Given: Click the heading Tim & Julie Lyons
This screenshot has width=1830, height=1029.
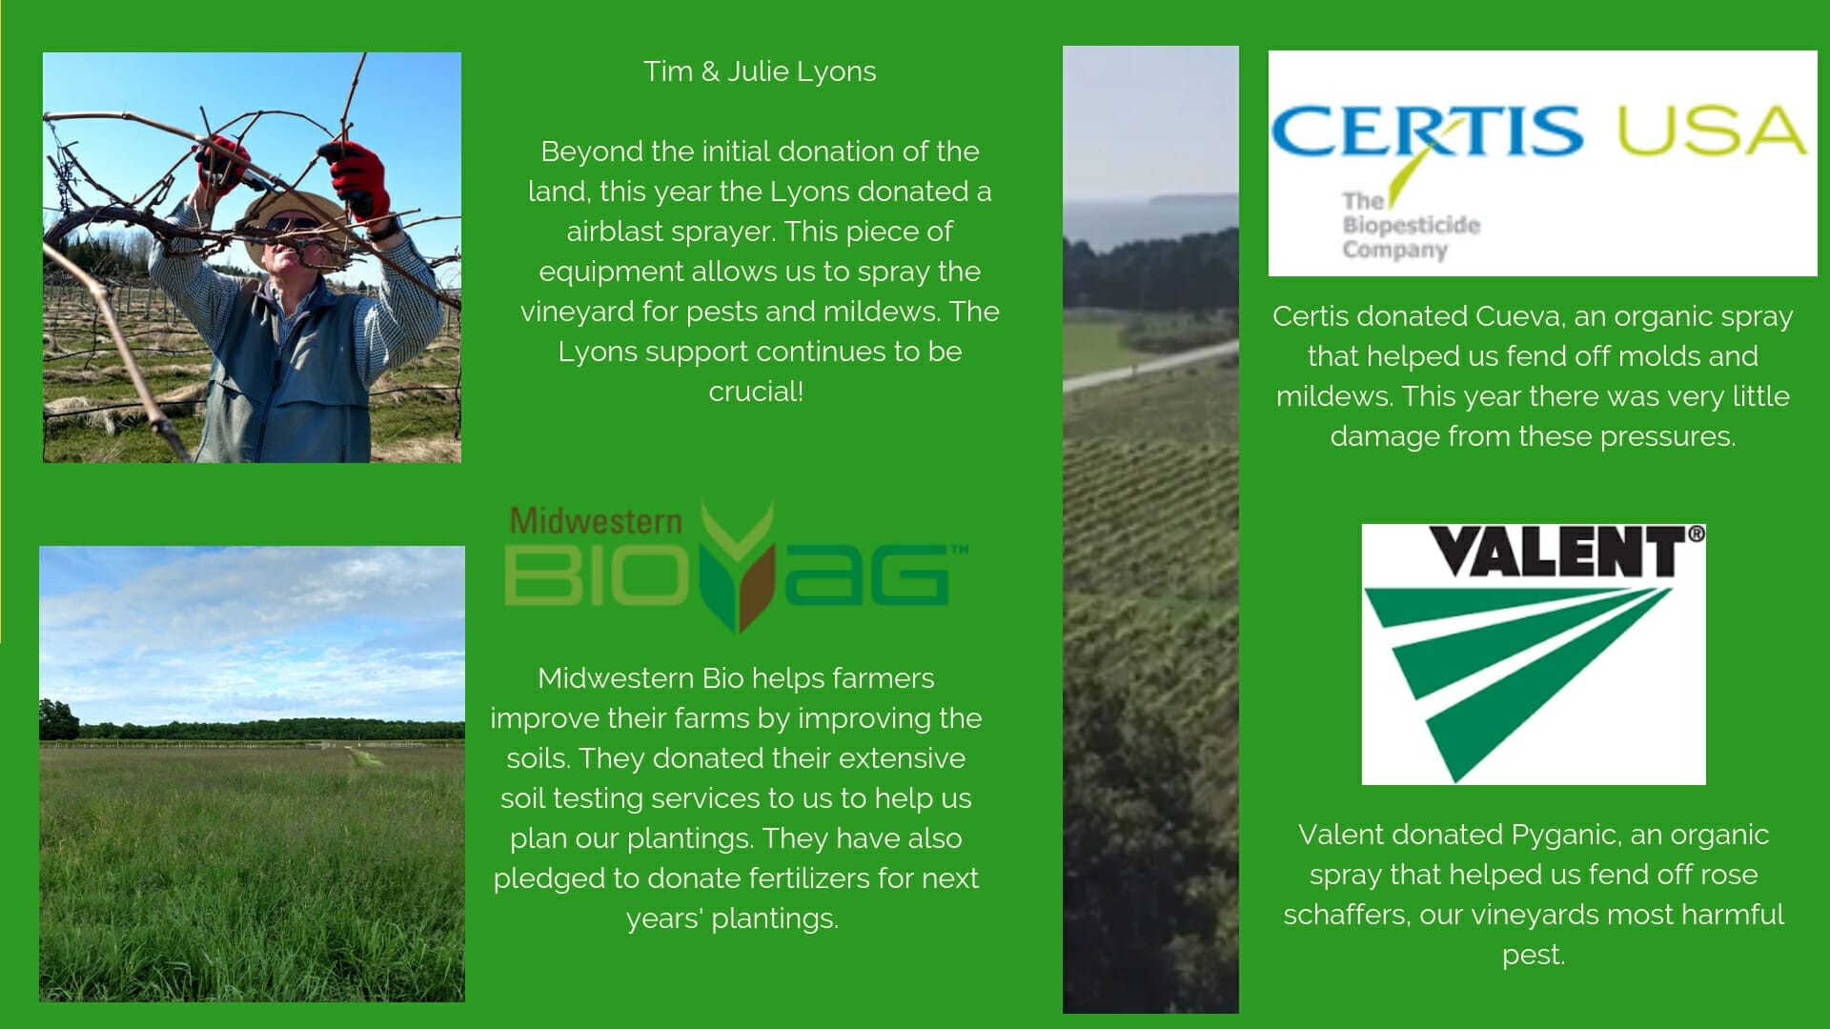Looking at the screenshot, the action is [x=760, y=71].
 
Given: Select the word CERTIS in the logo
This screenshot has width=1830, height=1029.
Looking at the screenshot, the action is [x=1426, y=131].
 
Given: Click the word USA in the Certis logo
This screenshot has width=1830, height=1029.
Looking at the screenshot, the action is [x=1712, y=131].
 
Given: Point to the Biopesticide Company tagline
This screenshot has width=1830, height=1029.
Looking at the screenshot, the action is [x=1411, y=226].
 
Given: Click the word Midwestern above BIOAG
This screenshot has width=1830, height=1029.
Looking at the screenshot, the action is [x=596, y=520].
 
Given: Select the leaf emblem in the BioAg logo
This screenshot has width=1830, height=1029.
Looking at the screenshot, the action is [x=738, y=568].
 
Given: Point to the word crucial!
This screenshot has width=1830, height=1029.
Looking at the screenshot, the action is [x=756, y=392].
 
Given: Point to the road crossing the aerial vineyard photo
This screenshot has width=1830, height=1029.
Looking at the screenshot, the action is [x=1150, y=366].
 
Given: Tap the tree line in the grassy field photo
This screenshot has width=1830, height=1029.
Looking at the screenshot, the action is [x=252, y=730].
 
